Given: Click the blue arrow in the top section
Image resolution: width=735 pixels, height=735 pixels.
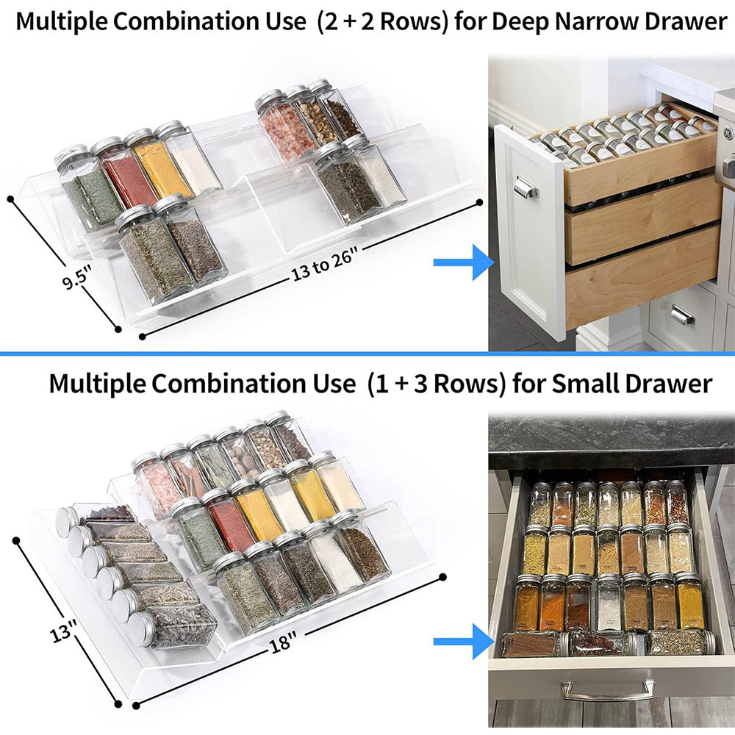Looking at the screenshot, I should (462, 262).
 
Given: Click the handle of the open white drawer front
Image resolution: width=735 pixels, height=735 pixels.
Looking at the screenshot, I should (526, 187).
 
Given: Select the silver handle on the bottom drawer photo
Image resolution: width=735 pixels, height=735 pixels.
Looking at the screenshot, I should (607, 690).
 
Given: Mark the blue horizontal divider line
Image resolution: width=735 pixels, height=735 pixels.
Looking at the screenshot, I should (367, 354).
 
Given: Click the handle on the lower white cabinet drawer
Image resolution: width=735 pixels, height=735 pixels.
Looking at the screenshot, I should (682, 315).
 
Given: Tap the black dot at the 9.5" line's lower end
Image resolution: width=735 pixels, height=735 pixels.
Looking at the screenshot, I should (118, 329).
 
